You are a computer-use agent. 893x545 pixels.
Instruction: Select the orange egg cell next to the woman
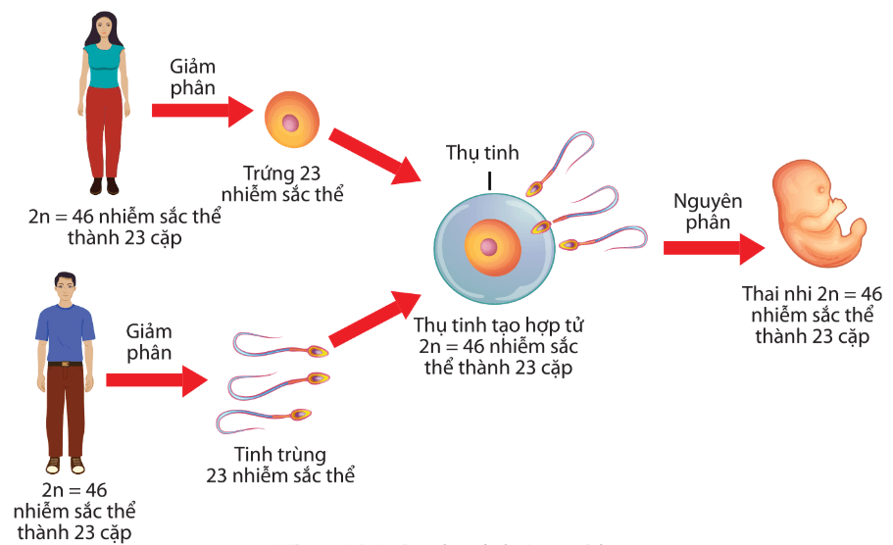[291, 122]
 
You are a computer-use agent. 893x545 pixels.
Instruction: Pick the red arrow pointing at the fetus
[711, 247]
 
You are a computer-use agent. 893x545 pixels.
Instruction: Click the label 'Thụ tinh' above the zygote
[482, 153]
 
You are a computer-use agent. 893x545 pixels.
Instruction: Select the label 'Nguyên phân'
[708, 212]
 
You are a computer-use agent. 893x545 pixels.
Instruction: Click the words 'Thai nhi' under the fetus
[771, 293]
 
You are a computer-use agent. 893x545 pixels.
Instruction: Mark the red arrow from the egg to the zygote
[373, 155]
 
